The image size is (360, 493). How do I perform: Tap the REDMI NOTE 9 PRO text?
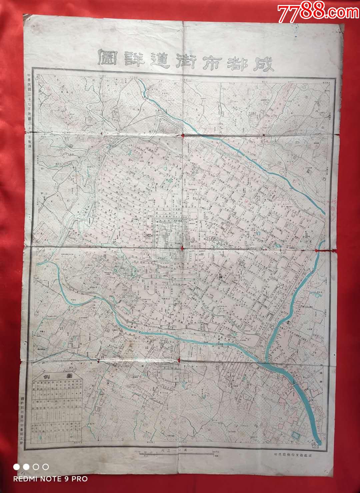coord(50,479)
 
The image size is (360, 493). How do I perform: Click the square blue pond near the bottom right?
coord(295,434)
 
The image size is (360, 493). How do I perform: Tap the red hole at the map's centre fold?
coord(182,248)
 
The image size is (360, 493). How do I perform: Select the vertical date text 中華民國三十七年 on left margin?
coord(29,97)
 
